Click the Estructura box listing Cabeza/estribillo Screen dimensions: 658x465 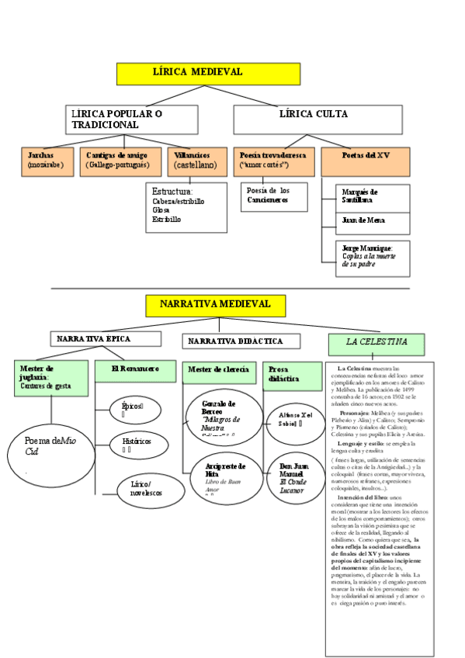[x=186, y=207]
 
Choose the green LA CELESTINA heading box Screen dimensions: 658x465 [x=377, y=343]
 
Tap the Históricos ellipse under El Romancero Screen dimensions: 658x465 [x=137, y=444]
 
